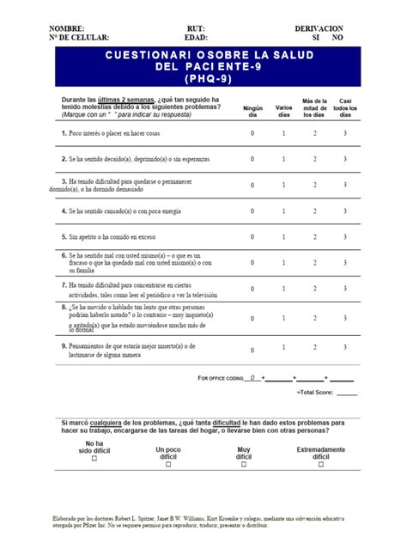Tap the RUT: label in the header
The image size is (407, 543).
coord(197,28)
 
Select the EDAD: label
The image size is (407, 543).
coord(197,38)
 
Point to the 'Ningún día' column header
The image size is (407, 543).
coord(252,111)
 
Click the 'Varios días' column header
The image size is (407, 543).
coord(283,111)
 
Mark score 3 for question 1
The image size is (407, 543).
coord(345,134)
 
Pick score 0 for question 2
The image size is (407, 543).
coord(252,159)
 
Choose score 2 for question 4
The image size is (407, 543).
coord(314,210)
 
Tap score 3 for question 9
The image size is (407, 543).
coord(345,347)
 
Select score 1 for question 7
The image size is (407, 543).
coord(283,289)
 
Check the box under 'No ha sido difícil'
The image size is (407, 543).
coord(95,459)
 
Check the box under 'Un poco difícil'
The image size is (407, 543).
coord(168,464)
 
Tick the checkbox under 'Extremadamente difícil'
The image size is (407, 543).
coord(321,464)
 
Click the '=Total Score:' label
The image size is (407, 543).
coord(314,392)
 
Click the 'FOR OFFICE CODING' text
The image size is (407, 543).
coord(221,378)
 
